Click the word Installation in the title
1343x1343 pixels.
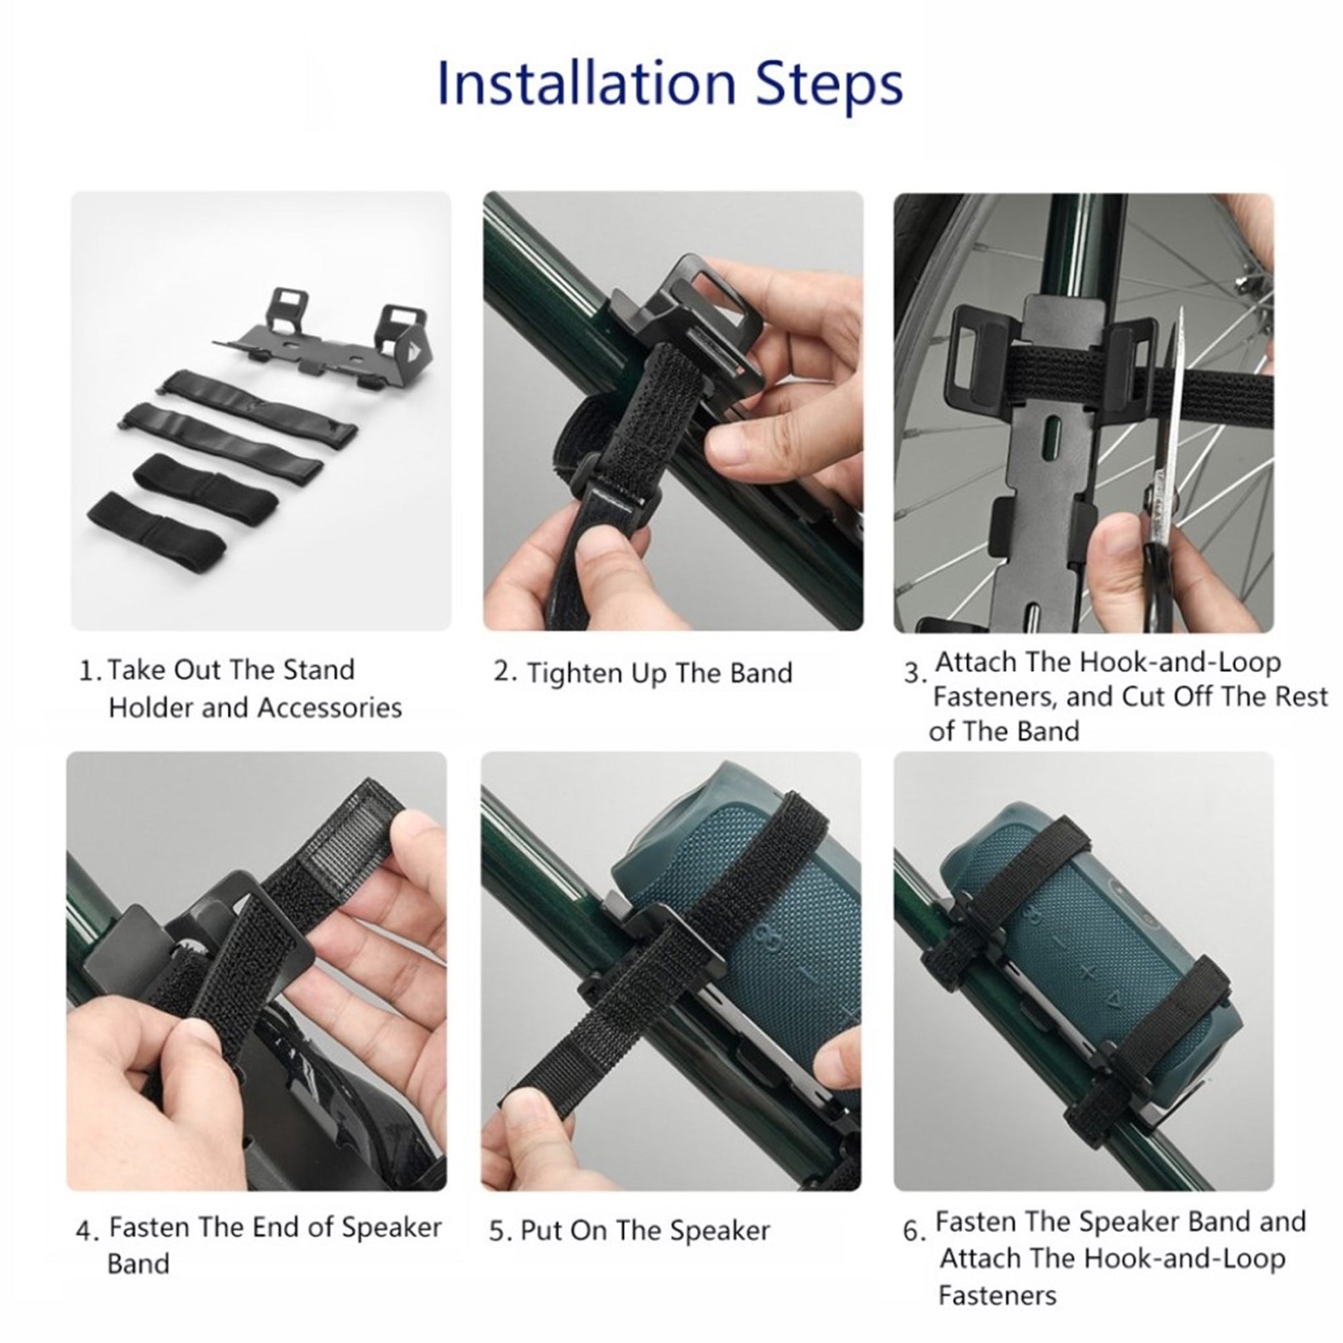[x=586, y=84]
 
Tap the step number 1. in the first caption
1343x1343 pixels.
[x=92, y=671]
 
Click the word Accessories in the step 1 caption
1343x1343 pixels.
[x=329, y=707]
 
